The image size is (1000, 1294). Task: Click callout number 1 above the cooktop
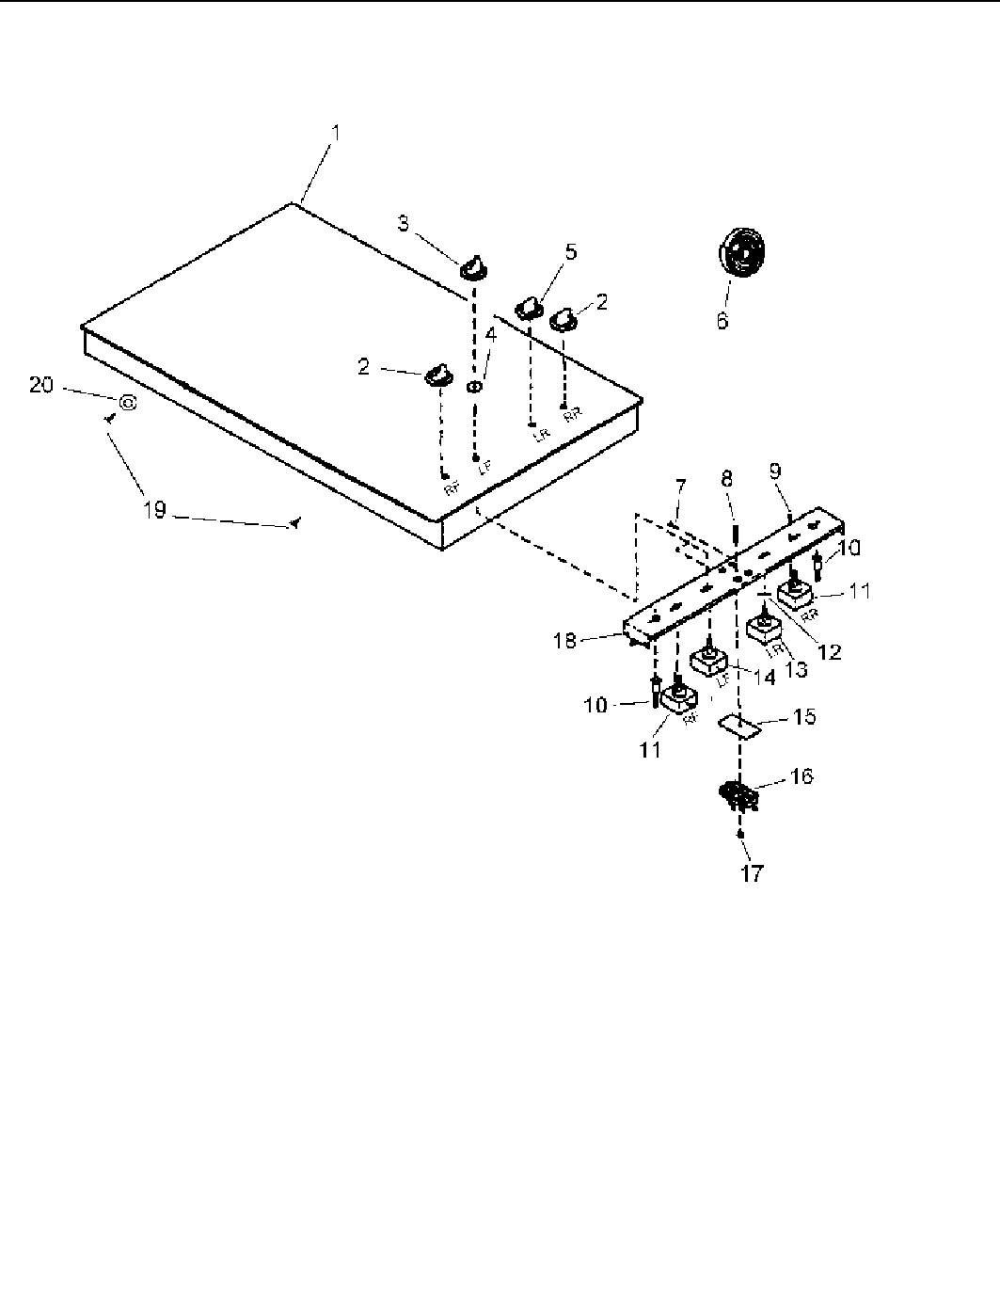point(336,134)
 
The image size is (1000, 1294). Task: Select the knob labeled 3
point(475,266)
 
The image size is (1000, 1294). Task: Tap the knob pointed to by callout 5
point(531,308)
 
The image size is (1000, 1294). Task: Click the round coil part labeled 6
point(740,253)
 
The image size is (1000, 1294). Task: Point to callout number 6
point(722,321)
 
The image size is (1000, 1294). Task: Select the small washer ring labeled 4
point(474,387)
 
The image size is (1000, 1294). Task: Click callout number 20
point(41,385)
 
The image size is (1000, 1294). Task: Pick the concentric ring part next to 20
point(128,401)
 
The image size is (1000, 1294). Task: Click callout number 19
point(154,510)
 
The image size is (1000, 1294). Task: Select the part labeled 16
point(740,796)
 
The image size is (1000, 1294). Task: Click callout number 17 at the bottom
point(752,873)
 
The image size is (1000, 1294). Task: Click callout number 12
point(830,650)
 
